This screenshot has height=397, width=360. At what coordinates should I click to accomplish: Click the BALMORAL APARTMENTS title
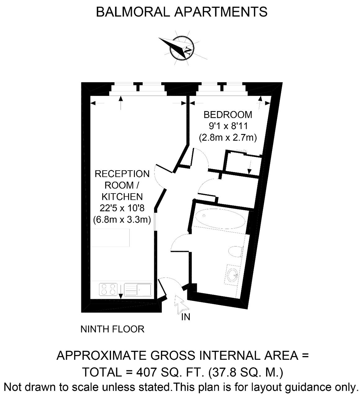tap(181, 12)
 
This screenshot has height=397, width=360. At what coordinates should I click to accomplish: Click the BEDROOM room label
tap(228, 115)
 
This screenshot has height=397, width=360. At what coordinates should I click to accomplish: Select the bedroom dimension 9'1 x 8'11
tap(228, 126)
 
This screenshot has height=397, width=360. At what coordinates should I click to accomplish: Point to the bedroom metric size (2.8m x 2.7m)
tap(228, 137)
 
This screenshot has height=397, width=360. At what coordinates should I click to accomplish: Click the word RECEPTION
tap(122, 174)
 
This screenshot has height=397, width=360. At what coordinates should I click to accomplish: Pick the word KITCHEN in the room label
tap(122, 197)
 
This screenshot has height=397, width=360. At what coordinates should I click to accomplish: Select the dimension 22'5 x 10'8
tap(122, 208)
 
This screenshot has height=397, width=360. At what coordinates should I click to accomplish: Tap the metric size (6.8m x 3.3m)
tap(122, 220)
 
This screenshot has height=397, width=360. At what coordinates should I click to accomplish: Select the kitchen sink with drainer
tap(138, 290)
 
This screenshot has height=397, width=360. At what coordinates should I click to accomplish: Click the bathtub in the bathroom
tap(220, 218)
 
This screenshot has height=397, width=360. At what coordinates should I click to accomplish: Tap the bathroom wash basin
tap(233, 275)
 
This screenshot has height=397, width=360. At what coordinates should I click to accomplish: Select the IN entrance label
tap(186, 317)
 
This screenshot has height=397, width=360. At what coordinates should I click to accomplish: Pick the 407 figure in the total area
tap(146, 372)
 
